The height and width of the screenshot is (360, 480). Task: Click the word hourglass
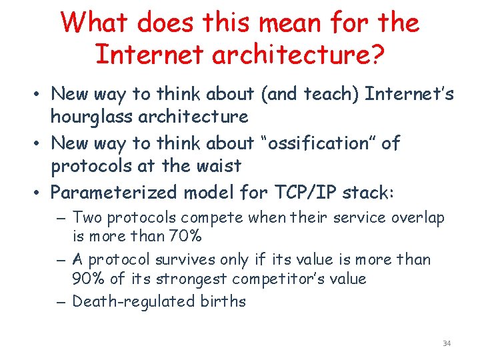pos(96,117)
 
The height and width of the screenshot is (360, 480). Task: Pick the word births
pos(223,301)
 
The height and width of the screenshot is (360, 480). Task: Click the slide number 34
pos(446,343)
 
